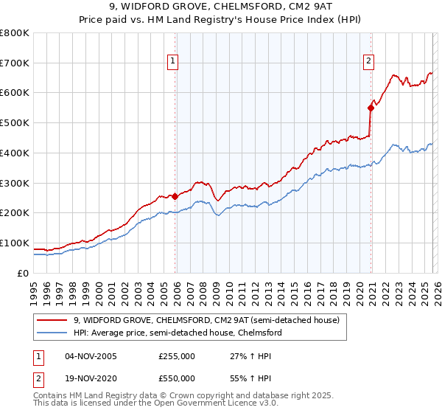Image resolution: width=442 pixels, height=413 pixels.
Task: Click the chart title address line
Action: [221, 8]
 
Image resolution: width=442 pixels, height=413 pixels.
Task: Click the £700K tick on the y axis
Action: [15, 63]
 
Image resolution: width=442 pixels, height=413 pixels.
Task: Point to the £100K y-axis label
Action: [15, 243]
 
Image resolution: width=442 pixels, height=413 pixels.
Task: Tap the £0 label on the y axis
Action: [24, 273]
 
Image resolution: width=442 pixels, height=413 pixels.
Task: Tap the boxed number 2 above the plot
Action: [368, 62]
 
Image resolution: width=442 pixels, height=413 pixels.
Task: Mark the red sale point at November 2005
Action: [175, 196]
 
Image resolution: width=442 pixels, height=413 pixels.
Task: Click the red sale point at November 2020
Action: [371, 108]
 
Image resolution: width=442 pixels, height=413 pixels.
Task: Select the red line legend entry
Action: [206, 320]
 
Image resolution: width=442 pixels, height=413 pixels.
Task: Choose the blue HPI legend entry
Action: [178, 333]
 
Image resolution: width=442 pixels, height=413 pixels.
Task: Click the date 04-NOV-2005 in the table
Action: [91, 356]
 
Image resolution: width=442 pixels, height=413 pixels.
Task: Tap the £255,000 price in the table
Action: [177, 356]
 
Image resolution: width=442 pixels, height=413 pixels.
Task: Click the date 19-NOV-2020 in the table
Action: [91, 378]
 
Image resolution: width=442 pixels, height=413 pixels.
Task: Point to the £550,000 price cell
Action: [177, 378]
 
